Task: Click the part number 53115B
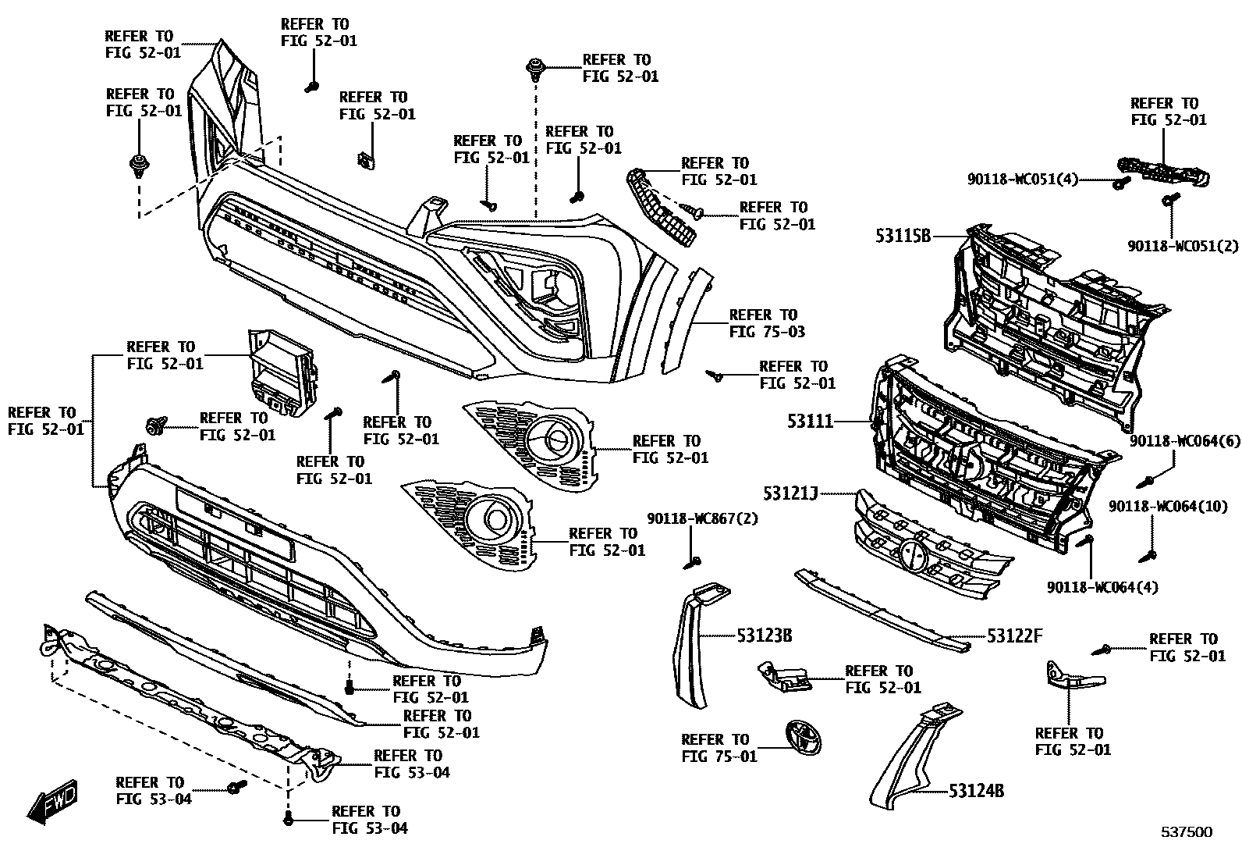pos(903,235)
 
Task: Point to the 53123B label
pos(765,636)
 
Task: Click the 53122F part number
pos(1014,636)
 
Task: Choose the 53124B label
pos(976,791)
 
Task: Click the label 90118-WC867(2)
pos(702,518)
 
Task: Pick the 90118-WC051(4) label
pos(1022,180)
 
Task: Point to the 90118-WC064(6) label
pos(1183,441)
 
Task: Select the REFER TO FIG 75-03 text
pos(768,323)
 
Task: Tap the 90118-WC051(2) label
pos(1183,246)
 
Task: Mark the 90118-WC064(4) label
pos(1102,586)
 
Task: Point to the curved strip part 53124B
pos(909,761)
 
